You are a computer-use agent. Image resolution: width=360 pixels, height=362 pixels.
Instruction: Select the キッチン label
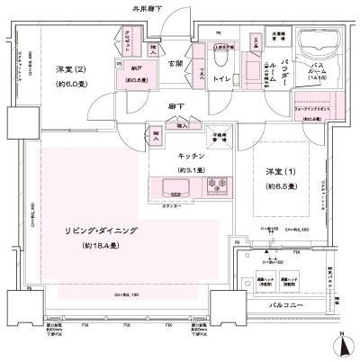[192, 154]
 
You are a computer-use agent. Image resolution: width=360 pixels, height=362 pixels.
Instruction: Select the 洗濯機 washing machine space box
[277, 39]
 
